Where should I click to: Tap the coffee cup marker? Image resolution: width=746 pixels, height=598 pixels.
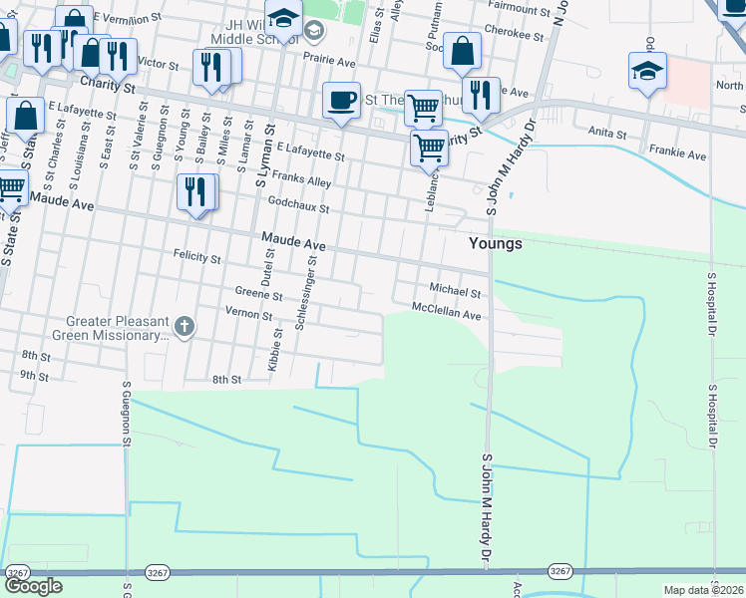[x=342, y=101]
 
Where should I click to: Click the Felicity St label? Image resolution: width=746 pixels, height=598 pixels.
[x=197, y=257]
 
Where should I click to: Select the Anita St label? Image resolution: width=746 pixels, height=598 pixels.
[x=606, y=133]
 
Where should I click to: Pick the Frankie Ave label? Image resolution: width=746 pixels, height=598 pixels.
[x=678, y=156]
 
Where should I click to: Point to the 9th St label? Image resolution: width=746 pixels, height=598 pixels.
[x=34, y=376]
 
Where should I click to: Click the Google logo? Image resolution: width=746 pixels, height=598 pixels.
[x=33, y=586]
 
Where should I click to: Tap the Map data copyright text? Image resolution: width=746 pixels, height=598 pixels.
[x=703, y=590]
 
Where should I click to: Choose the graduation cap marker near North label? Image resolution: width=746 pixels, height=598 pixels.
[x=647, y=71]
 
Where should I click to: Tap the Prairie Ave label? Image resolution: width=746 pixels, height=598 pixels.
[x=332, y=61]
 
